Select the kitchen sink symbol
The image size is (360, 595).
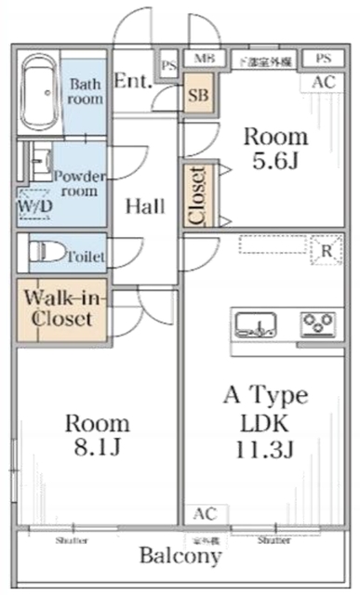254,325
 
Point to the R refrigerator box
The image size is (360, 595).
327,250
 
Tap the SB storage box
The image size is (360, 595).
198,96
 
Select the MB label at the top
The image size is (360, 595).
202,59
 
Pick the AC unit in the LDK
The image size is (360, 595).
205,513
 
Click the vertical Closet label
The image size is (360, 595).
198,195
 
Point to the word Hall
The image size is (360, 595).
145,205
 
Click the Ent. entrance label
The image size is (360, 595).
133,80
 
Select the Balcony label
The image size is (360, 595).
180,557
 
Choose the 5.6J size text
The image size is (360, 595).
274,161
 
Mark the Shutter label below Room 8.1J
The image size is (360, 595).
72,539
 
